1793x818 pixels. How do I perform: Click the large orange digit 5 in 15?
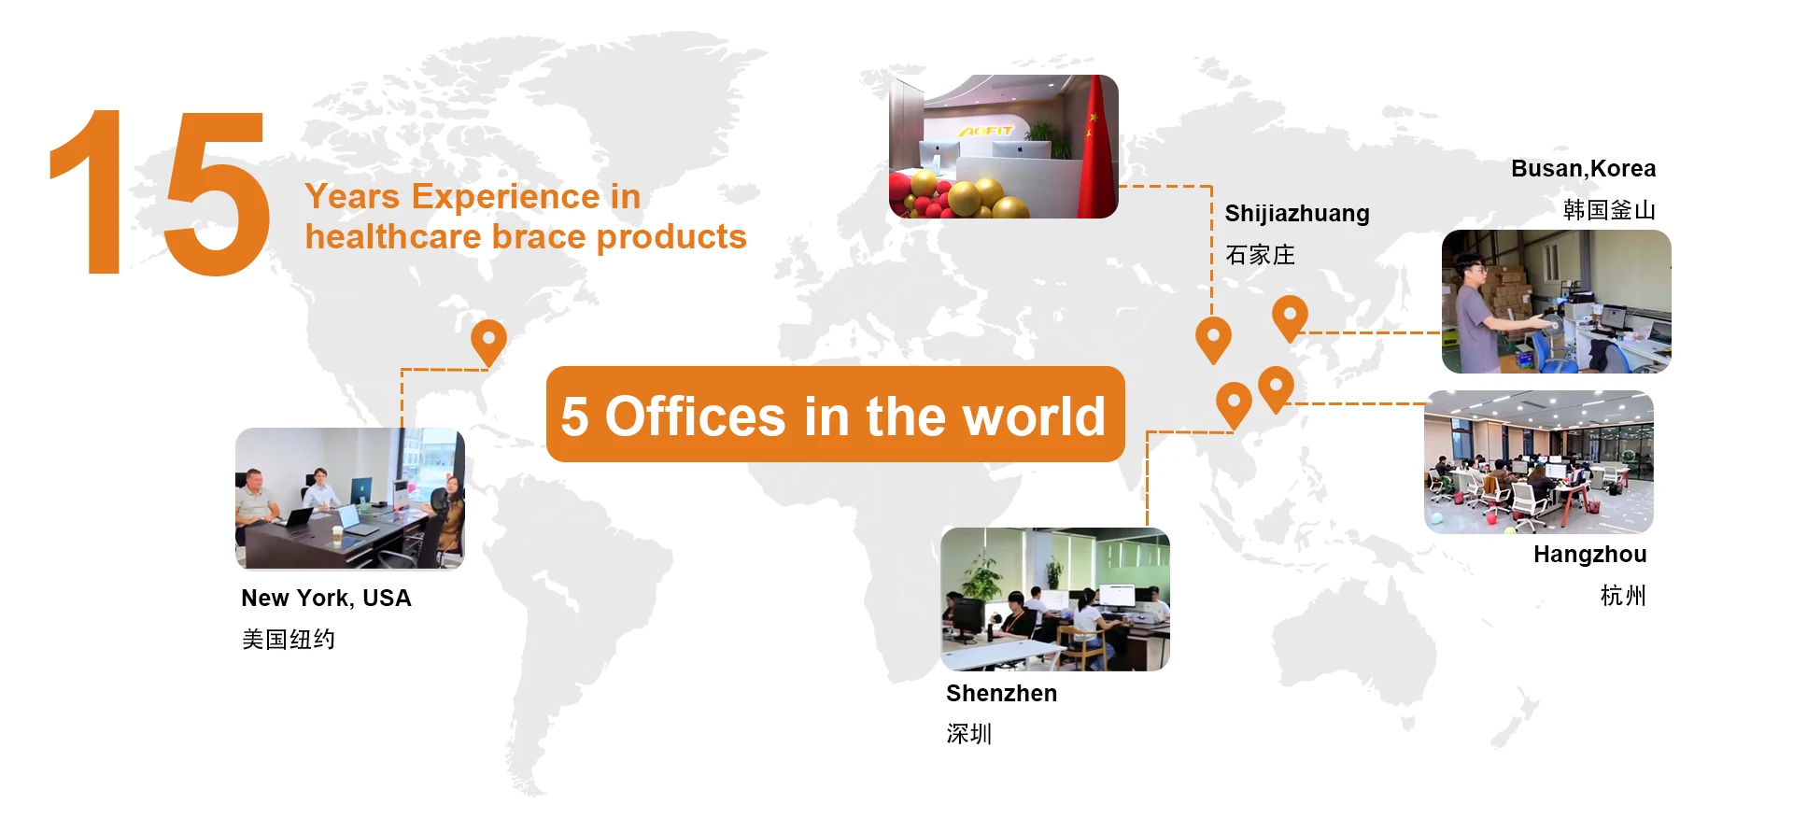(217, 193)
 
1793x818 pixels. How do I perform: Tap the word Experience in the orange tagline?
(505, 197)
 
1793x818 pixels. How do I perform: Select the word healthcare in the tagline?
(393, 237)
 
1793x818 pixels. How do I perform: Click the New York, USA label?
(326, 599)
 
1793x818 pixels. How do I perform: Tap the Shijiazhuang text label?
(1297, 214)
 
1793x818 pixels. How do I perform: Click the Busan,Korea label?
(1583, 169)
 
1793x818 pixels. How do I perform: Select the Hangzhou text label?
(1589, 555)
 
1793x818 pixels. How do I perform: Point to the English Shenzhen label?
(1001, 693)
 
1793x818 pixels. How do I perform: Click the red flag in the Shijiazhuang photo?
(1096, 149)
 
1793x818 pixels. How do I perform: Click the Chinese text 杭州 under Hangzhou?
(1623, 596)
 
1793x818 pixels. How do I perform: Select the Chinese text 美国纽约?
(288, 640)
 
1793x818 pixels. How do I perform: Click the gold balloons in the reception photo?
(967, 192)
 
